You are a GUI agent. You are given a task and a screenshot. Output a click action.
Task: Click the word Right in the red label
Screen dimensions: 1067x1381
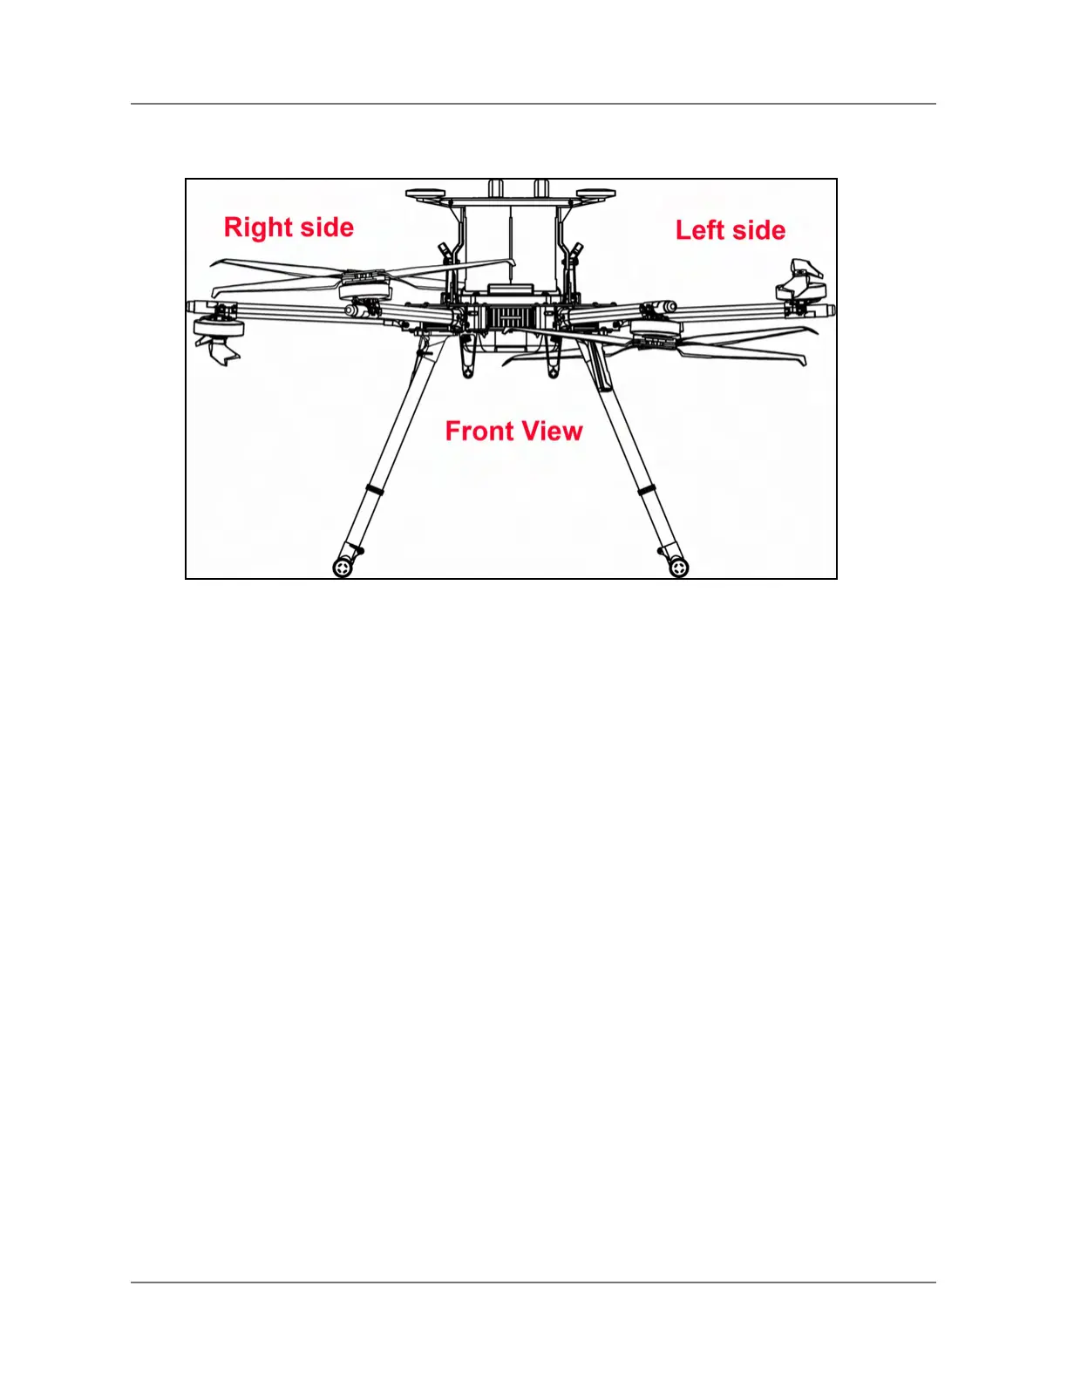257,228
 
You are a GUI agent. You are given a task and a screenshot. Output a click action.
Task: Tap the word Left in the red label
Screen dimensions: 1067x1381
701,230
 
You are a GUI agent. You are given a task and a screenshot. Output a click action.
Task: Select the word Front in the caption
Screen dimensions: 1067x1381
479,431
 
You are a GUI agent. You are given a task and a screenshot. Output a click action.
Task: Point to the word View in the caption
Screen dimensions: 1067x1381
550,431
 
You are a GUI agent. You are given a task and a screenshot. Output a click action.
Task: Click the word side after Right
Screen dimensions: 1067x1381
322,228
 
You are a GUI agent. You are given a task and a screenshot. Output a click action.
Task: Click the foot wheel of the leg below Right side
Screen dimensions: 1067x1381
343,568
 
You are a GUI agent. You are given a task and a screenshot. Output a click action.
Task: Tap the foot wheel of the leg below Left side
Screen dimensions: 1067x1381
679,568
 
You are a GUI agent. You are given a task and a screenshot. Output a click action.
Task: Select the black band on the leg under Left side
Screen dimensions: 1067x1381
647,490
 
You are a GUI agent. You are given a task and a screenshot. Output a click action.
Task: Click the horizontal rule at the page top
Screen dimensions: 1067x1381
533,104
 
